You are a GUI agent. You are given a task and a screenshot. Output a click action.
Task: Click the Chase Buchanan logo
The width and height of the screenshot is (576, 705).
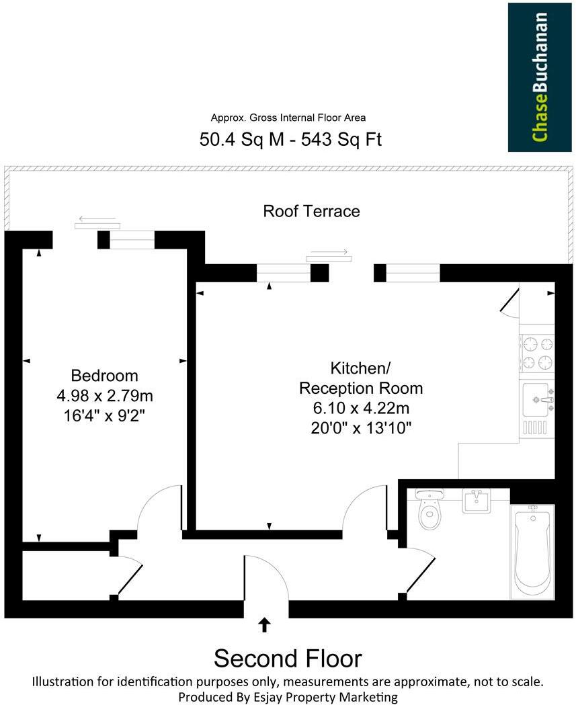pos(540,77)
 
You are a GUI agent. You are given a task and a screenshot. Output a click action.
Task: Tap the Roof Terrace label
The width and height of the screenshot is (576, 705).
pos(311,211)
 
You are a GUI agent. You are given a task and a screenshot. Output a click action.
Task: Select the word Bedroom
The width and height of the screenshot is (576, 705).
pos(104,376)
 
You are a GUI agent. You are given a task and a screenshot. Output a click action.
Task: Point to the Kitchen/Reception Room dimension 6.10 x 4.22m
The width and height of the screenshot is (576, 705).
pos(361,408)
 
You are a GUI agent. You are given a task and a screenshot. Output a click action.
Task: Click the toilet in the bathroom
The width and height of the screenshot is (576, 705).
pos(429,511)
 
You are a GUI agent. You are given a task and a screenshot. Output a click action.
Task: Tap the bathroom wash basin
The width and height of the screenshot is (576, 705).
pos(477,500)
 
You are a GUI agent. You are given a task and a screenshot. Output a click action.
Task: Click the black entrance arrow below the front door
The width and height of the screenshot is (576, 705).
pos(265,625)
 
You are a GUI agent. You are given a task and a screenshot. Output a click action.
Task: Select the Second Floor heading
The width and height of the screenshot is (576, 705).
pos(288,658)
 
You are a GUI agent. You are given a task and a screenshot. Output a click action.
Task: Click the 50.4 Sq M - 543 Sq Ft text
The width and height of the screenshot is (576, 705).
pos(291,139)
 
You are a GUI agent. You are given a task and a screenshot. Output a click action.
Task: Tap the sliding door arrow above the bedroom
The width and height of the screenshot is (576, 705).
pos(97,218)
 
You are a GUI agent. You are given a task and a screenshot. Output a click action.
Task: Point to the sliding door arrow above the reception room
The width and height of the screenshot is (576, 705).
pos(328,253)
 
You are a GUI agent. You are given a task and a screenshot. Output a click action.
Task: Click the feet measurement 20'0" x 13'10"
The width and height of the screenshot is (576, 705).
pos(361,427)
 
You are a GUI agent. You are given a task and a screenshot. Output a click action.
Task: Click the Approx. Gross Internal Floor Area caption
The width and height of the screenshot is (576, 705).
pos(288,118)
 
